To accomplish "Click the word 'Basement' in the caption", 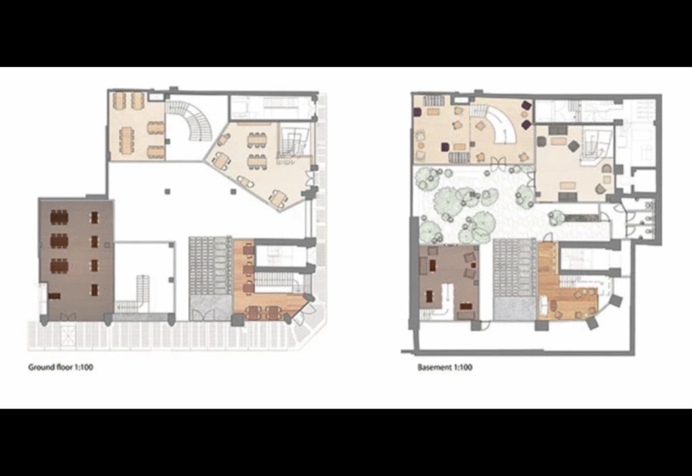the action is click(x=435, y=367).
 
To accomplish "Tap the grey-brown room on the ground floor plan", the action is click(x=76, y=260).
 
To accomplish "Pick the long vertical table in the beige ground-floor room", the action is click(x=128, y=141).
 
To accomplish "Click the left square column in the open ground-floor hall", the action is click(x=168, y=191).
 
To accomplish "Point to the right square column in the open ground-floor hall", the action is click(x=233, y=191).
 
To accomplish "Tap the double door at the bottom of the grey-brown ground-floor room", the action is click(x=68, y=316).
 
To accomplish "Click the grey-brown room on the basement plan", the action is click(x=449, y=283).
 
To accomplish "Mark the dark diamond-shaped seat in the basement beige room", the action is click(x=573, y=146).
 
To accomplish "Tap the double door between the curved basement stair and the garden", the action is click(x=497, y=162).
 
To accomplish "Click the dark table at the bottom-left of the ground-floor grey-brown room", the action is click(x=55, y=296).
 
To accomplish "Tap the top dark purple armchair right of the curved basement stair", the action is click(x=526, y=105).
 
